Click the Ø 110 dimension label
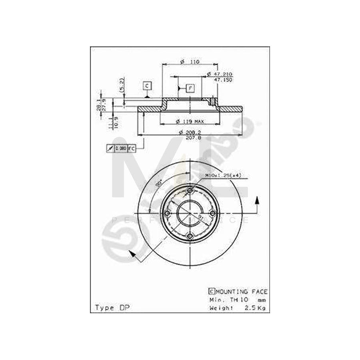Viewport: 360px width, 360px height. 190,62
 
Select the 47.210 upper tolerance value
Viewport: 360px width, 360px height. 223,74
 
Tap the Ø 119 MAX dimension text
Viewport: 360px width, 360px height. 190,121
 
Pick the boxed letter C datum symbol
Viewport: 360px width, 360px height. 147,86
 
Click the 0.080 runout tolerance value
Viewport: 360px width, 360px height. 121,148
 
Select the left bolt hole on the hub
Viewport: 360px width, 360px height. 167,214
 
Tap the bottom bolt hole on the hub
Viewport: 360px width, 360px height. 190,237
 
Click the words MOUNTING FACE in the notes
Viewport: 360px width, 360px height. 242,292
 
